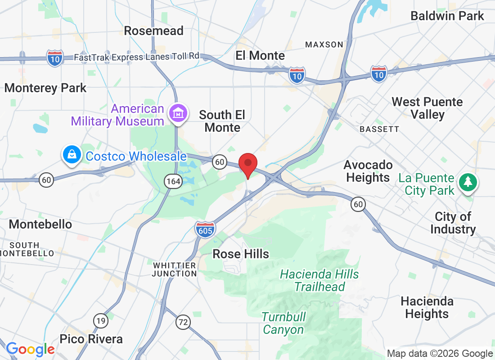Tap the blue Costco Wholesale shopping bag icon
(72, 155)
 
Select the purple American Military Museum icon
(177, 113)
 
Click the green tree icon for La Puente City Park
(468, 182)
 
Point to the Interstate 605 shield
(205, 229)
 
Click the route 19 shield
(101, 320)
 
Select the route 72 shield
(183, 322)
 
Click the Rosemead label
(153, 31)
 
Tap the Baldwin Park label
(447, 16)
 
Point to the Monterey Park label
(45, 88)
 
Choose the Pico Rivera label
(91, 339)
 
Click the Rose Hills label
(241, 254)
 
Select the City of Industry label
(453, 223)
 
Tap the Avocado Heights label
(368, 171)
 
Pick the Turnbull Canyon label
(283, 323)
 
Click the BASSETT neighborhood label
(379, 129)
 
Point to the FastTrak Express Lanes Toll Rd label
(136, 57)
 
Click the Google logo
(30, 349)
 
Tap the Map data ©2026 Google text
(440, 354)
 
